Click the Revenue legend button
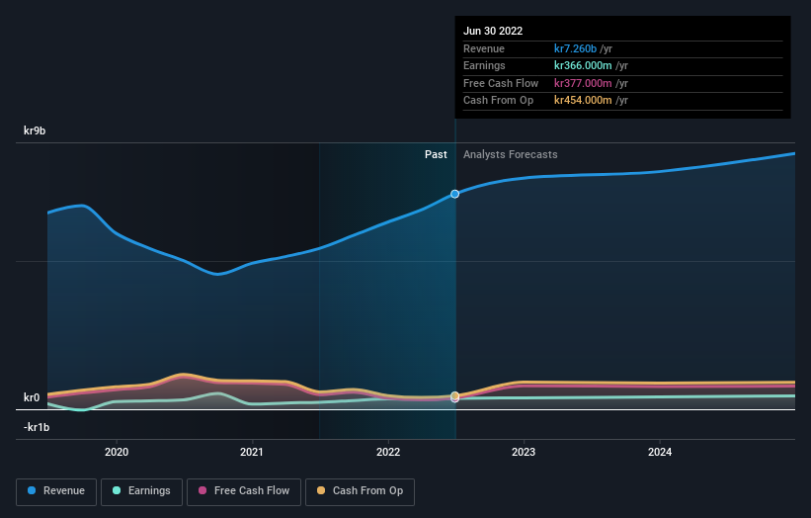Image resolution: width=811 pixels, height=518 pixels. [x=57, y=491]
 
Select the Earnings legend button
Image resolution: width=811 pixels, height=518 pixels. [x=142, y=491]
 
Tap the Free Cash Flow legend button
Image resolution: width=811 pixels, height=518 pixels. [x=243, y=491]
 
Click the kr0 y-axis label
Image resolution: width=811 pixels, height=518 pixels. [x=33, y=397]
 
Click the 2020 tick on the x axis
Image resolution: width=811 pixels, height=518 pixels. [x=117, y=452]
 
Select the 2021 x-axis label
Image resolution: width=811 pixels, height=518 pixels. [x=252, y=452]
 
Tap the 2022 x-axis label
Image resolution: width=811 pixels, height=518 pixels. [x=388, y=452]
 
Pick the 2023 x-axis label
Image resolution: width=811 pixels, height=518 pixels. [x=524, y=452]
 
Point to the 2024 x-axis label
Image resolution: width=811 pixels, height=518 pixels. [x=660, y=452]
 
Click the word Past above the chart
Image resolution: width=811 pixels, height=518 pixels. [x=436, y=155]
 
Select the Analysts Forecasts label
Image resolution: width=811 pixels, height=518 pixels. [x=511, y=155]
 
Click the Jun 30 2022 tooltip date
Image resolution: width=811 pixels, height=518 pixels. [x=493, y=31]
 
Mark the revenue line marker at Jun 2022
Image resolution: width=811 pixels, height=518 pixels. [x=455, y=194]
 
